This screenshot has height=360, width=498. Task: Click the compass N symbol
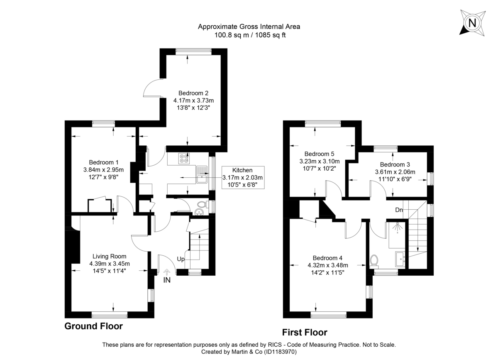[472, 22]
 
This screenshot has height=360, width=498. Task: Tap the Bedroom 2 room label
[193, 93]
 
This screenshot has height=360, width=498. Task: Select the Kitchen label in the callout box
[242, 170]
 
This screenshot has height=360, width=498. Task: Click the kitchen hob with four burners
[184, 158]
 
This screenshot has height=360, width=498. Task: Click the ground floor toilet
[202, 205]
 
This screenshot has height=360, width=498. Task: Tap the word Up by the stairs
[181, 259]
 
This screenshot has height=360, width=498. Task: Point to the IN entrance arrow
[167, 273]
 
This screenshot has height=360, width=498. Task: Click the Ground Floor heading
[93, 326]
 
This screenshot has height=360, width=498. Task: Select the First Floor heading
[305, 332]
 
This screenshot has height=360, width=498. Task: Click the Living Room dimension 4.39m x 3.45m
[110, 264]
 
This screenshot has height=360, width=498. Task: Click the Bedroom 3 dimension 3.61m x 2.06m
[395, 172]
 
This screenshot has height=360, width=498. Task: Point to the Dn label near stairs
[399, 210]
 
